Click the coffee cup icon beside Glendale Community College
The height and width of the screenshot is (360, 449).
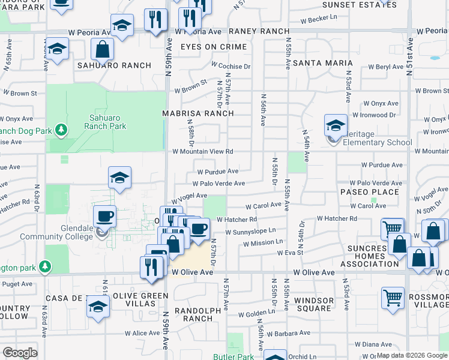tap(104, 216)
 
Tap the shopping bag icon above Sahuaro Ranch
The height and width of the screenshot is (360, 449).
tap(103, 50)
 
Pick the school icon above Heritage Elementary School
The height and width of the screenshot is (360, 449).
tap(336, 125)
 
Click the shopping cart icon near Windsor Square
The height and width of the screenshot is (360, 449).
tap(393, 298)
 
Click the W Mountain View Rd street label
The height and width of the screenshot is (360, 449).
tap(202, 152)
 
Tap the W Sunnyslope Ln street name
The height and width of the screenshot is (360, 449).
tap(250, 231)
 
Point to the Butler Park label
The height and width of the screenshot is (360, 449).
tap(234, 356)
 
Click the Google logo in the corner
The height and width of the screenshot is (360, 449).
tap(20, 353)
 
